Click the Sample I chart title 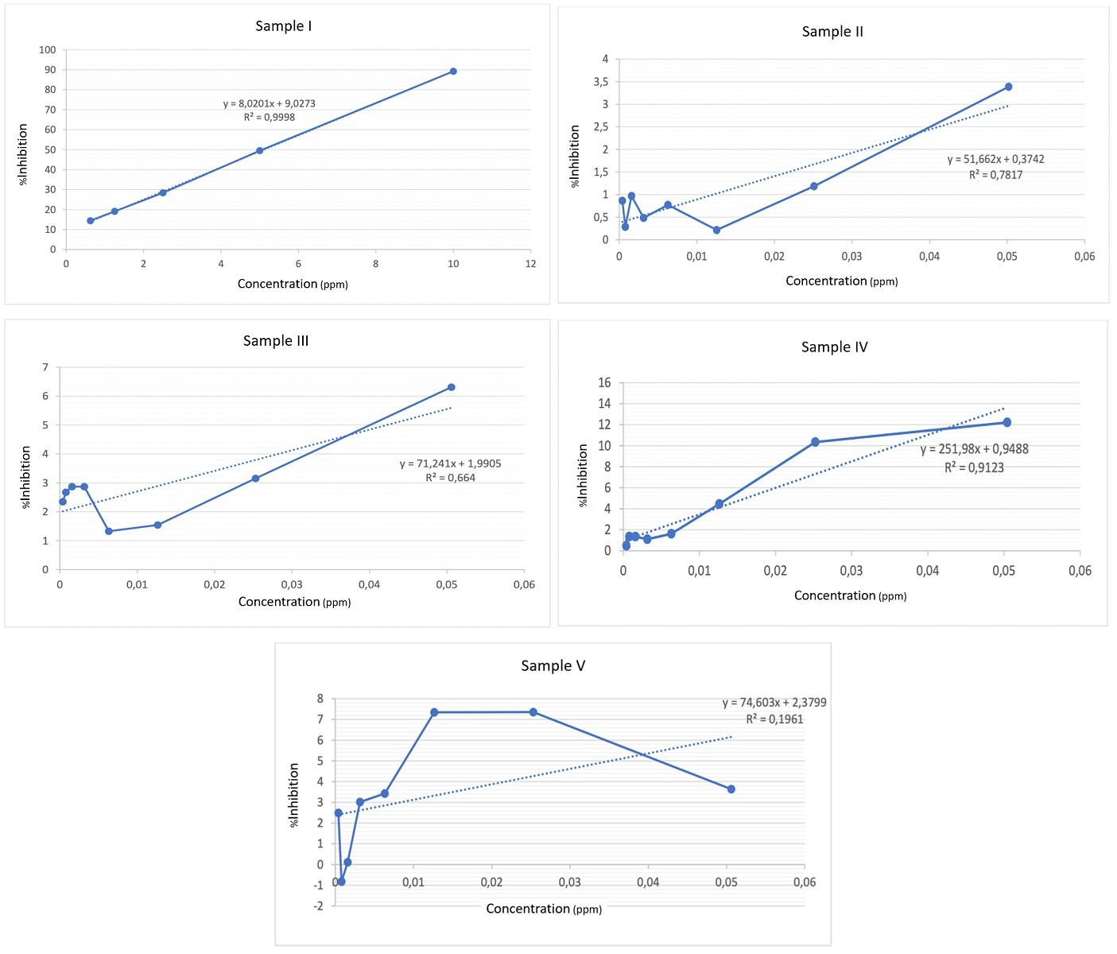tap(283, 26)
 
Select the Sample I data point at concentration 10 tap(453, 72)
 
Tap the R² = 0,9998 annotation tap(270, 117)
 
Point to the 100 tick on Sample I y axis tap(48, 50)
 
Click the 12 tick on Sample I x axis tap(530, 264)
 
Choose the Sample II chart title tap(832, 32)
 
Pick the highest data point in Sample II tap(1008, 87)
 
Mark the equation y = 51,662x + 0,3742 tap(995, 159)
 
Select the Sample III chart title tap(276, 341)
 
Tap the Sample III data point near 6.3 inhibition tap(451, 387)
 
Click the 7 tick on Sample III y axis tap(45, 367)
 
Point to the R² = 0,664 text tap(450, 478)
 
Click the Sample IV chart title tap(834, 347)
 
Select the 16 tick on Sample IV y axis tap(603, 383)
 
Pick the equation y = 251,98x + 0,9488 tap(974, 449)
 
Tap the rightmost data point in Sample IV tap(1006, 422)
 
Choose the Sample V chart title tap(553, 666)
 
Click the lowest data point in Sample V tap(341, 882)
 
